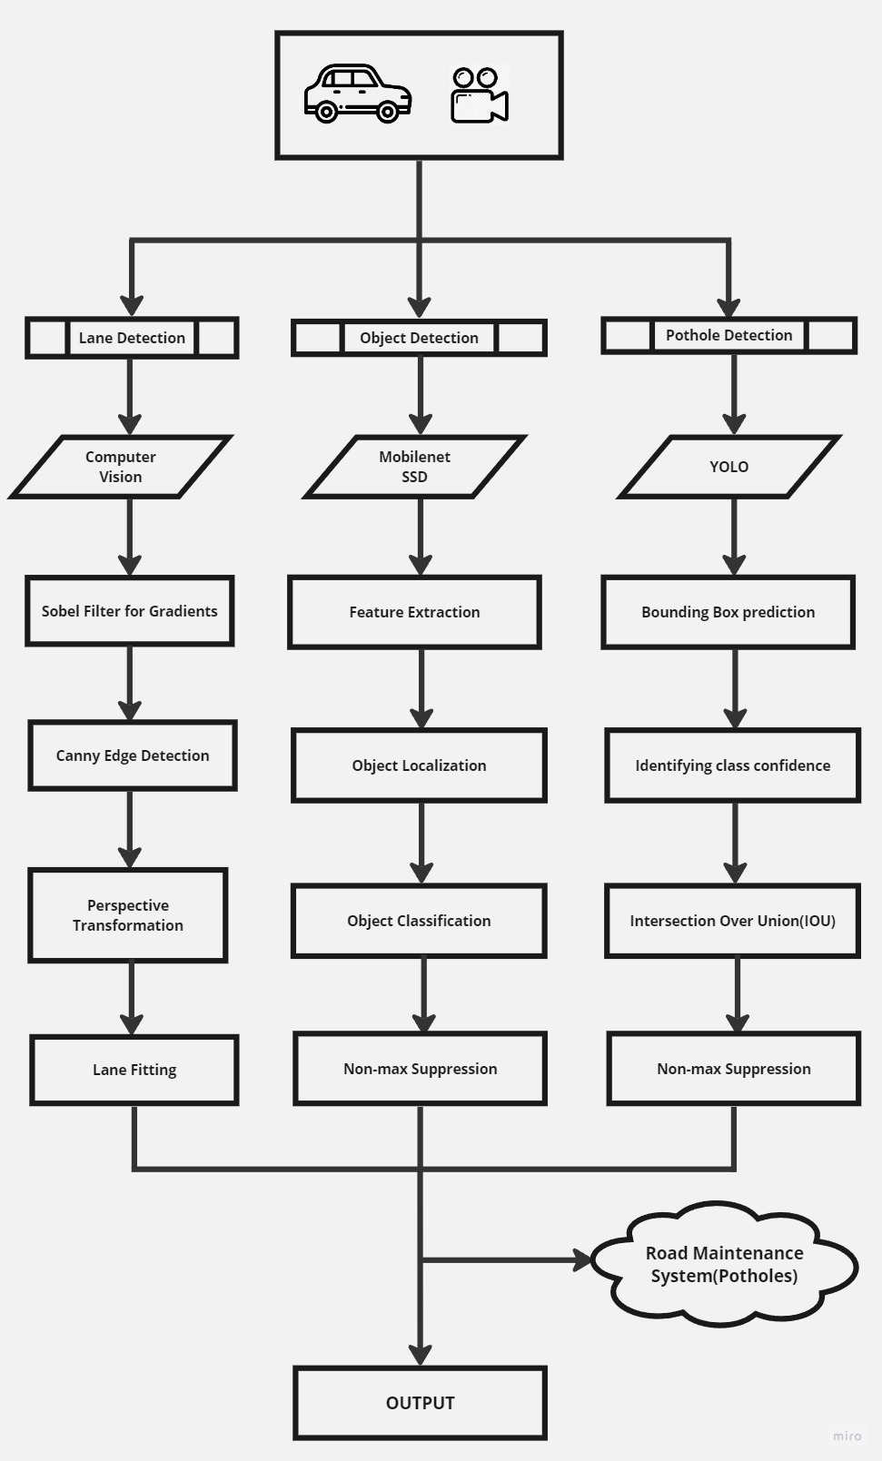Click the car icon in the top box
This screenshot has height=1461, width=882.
357,94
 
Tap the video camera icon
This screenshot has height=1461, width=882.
479,94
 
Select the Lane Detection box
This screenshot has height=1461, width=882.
132,338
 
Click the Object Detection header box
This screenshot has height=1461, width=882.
419,338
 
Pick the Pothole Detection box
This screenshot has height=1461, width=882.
728,335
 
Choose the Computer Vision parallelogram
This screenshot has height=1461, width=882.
121,467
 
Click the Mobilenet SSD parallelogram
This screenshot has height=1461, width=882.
415,467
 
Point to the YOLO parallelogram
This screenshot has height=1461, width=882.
729,467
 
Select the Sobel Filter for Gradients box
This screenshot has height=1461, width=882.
130,611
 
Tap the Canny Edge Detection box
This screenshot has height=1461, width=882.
133,755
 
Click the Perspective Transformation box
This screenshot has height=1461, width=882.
128,915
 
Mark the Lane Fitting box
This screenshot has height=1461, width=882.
134,1070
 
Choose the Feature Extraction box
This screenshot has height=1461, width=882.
415,612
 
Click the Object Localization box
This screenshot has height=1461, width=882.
419,765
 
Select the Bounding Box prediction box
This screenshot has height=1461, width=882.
728,612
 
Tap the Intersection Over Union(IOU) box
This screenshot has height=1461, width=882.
732,921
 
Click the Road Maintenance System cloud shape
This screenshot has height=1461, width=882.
724,1264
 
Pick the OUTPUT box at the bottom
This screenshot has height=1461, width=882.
420,1403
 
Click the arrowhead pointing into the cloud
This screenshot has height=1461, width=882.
582,1260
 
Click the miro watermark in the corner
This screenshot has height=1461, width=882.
847,1436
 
